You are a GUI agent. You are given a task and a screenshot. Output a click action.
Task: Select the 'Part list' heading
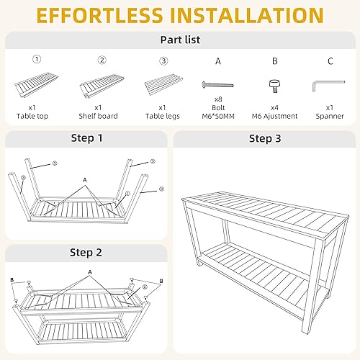click(x=179, y=41)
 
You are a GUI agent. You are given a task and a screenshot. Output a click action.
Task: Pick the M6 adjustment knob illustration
click(x=274, y=85)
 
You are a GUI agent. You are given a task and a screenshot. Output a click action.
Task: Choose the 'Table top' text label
click(x=35, y=115)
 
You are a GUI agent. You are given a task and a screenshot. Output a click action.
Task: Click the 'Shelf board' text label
click(x=102, y=115)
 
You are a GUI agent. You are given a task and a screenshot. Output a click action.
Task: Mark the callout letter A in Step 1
click(x=84, y=179)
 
